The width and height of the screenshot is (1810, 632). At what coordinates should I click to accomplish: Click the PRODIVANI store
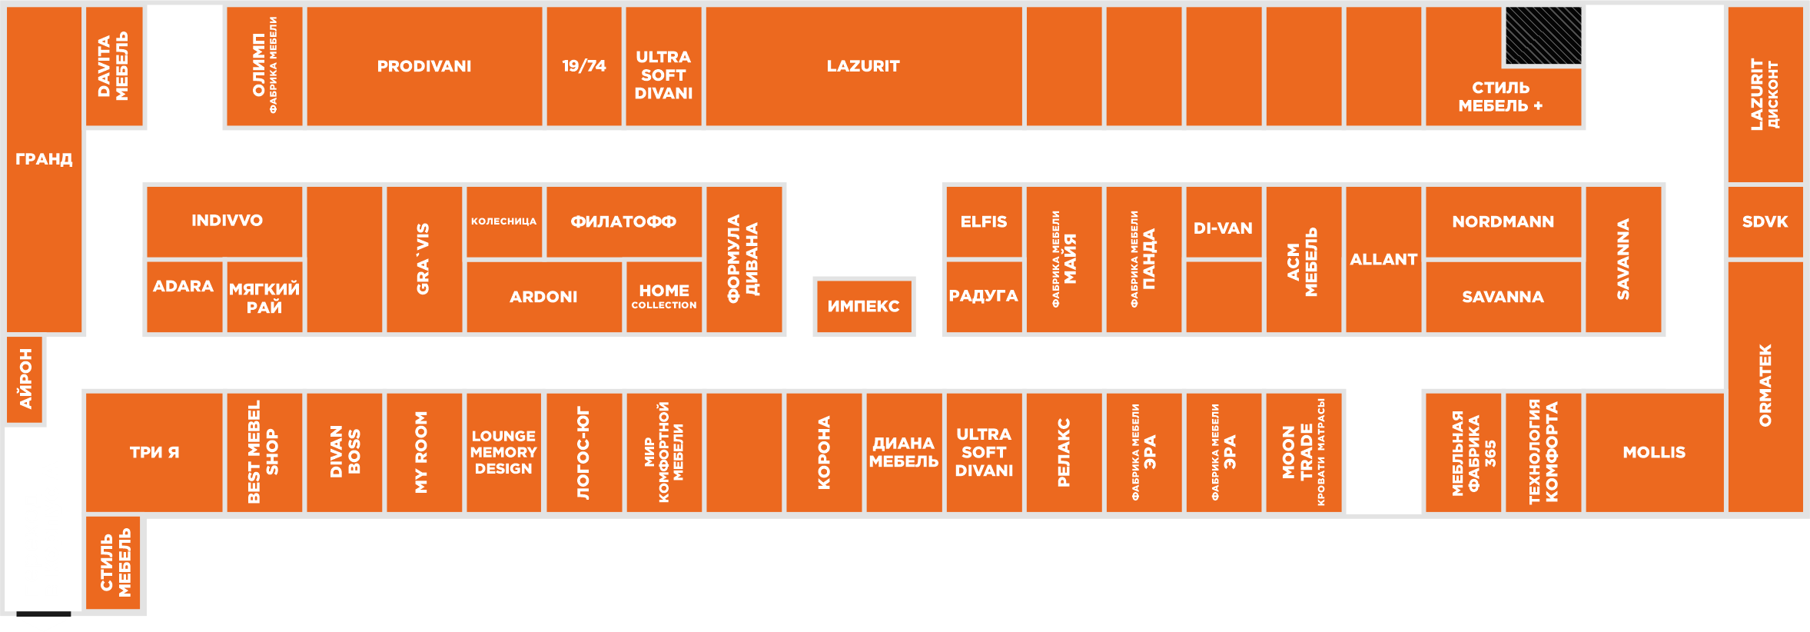click(424, 66)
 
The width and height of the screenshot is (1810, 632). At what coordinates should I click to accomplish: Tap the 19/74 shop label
click(584, 66)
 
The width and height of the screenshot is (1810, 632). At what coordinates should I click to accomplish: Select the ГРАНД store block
click(44, 159)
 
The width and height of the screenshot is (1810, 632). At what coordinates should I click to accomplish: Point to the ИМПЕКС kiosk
click(863, 306)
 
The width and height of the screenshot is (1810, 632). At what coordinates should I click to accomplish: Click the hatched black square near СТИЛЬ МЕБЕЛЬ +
click(1543, 36)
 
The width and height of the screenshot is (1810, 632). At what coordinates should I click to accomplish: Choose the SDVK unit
click(1765, 221)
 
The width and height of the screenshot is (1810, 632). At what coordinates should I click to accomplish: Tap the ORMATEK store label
click(1765, 385)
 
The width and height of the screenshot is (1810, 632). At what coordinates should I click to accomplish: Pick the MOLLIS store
click(1654, 452)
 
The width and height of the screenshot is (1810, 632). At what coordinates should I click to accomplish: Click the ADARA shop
click(184, 287)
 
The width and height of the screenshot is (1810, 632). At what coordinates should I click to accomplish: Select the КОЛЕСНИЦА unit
click(503, 221)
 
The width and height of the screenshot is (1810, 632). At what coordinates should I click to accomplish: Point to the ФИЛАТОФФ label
click(623, 221)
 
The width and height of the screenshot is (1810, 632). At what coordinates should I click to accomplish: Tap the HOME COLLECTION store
click(664, 296)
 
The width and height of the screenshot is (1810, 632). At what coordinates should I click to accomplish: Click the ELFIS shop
click(984, 221)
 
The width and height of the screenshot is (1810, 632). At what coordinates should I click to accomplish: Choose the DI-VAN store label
click(1223, 228)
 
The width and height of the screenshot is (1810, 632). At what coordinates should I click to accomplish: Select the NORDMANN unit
click(1503, 221)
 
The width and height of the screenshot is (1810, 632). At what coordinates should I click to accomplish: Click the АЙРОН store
click(26, 379)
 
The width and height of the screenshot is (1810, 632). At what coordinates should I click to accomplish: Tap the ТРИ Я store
click(154, 452)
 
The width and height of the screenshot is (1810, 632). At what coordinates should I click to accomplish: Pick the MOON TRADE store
click(1304, 452)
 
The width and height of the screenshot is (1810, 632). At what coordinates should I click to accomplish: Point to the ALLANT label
click(1383, 260)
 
